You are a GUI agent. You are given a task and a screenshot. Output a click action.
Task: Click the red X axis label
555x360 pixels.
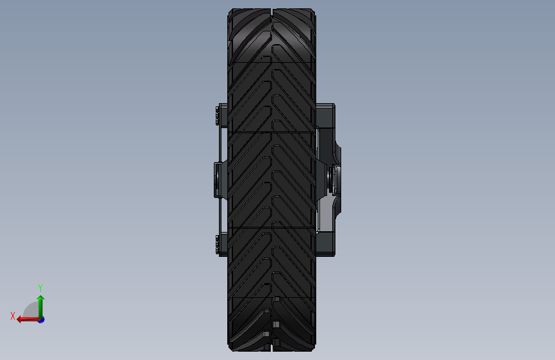click(x=13, y=316)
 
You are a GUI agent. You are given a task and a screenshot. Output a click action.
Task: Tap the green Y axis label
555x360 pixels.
click(x=40, y=288)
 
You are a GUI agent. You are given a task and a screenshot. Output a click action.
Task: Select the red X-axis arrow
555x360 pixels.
click(x=29, y=320)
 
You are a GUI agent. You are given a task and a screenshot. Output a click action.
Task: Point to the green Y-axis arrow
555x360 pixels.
click(x=41, y=307)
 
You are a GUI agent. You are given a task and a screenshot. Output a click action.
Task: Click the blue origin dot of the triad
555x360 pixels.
click(x=42, y=320)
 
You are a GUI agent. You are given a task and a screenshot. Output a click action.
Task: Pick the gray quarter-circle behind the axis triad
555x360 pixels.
click(x=32, y=310)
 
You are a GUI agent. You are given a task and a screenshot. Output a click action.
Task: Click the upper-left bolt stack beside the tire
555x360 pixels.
click(x=217, y=115)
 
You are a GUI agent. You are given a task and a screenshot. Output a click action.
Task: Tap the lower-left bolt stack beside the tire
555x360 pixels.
click(x=217, y=245)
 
